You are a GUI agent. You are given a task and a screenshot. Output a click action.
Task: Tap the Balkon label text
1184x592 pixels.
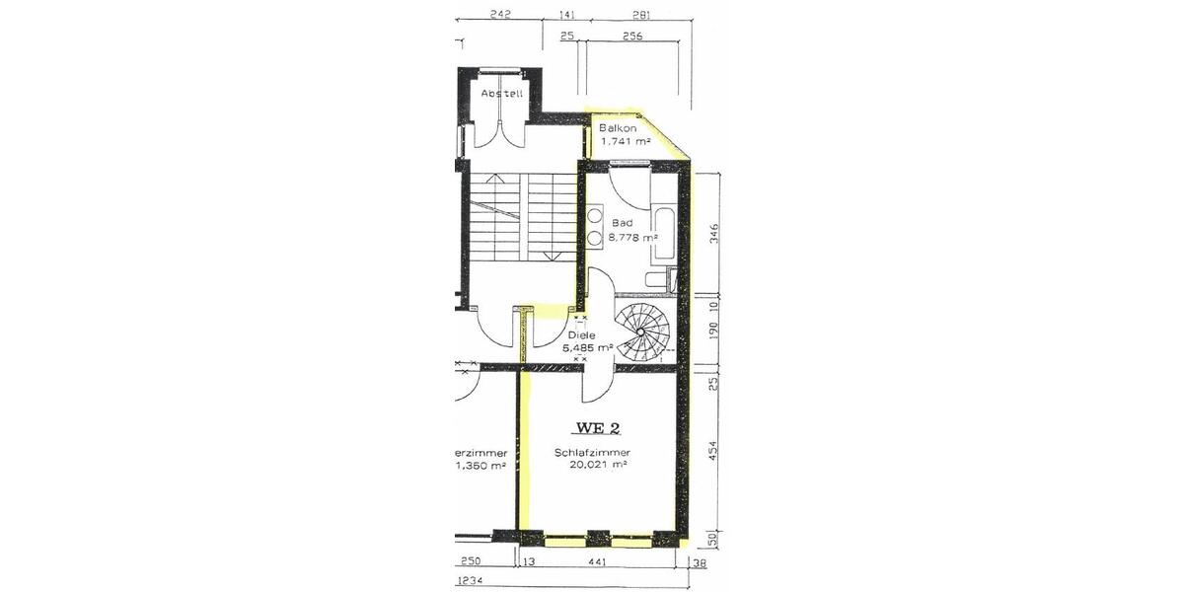618,128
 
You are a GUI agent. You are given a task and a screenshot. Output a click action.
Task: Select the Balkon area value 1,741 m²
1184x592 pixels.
626,141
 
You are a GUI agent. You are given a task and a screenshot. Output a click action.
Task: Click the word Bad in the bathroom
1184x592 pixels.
622,223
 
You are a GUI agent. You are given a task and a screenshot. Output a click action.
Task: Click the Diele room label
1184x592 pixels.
581,335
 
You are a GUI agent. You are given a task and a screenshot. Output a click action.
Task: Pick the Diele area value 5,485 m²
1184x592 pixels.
589,347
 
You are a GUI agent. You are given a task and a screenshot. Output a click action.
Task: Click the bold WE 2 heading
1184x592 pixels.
598,428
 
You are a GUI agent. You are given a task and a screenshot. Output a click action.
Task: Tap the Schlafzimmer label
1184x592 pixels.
592,453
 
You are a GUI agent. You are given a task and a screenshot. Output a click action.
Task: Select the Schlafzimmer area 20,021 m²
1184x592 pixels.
599,465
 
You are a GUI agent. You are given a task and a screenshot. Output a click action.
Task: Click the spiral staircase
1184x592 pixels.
641,332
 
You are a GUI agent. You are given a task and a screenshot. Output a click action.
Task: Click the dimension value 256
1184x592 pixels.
632,36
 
